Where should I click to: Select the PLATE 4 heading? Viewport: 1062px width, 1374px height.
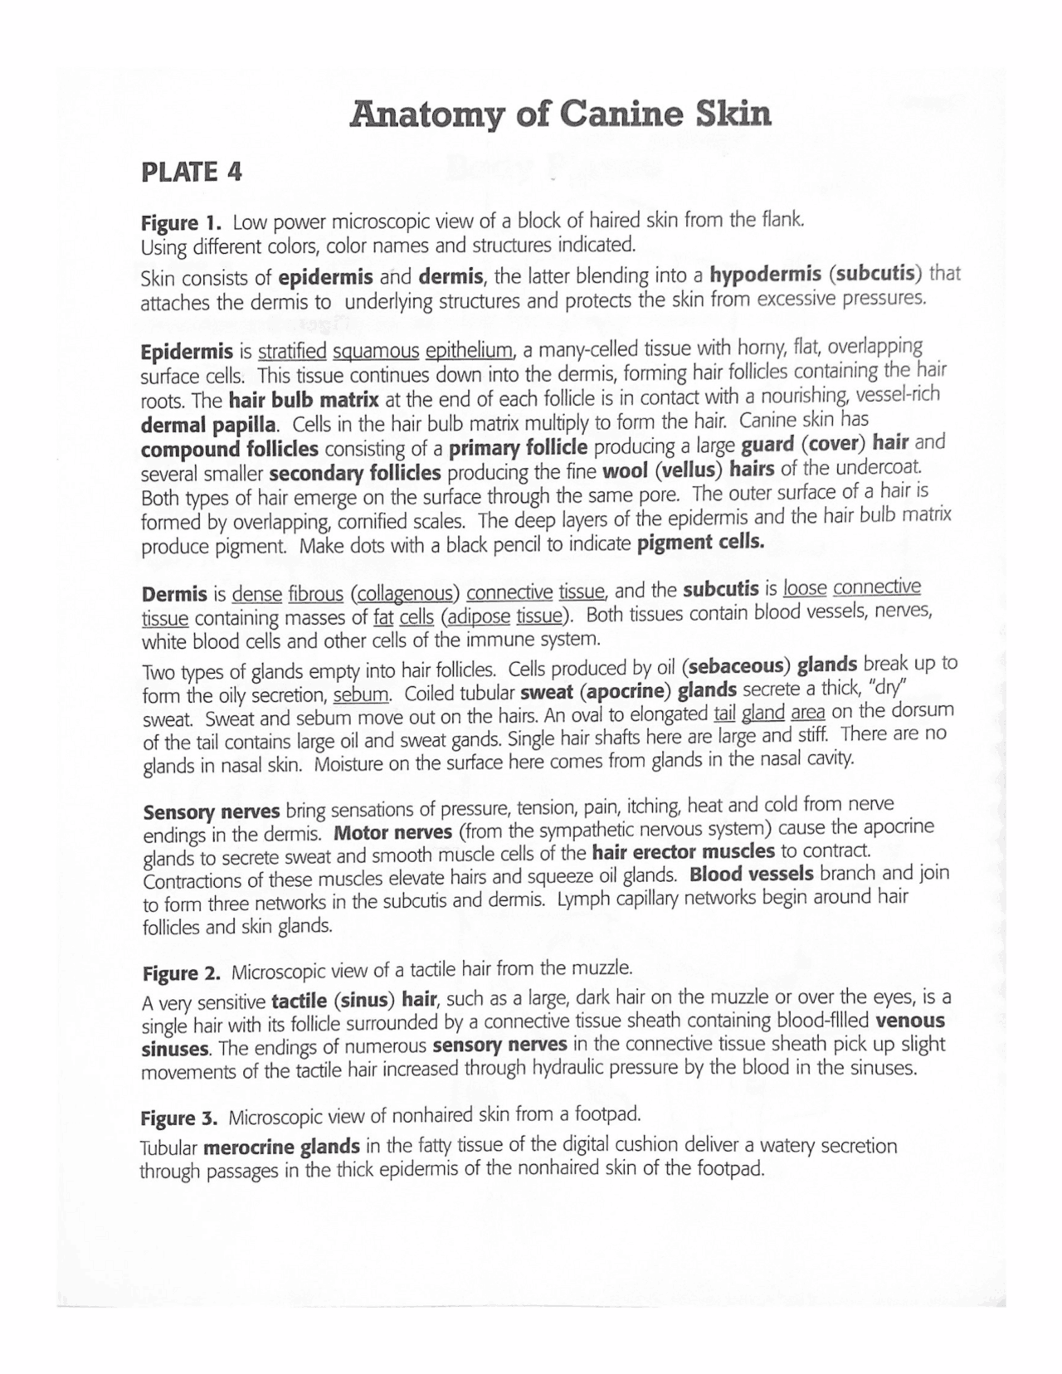pyautogui.click(x=192, y=172)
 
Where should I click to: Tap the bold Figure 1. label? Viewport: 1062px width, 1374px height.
pyautogui.click(x=182, y=223)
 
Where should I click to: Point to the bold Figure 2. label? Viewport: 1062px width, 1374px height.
pyautogui.click(x=182, y=972)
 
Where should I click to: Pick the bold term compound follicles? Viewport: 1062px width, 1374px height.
pyautogui.click(x=230, y=450)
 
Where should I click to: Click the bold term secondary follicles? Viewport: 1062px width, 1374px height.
pyautogui.click(x=355, y=474)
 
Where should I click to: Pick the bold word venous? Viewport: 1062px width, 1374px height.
pyautogui.click(x=910, y=1020)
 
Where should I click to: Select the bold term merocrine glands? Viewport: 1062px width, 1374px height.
pyautogui.click(x=281, y=1148)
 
